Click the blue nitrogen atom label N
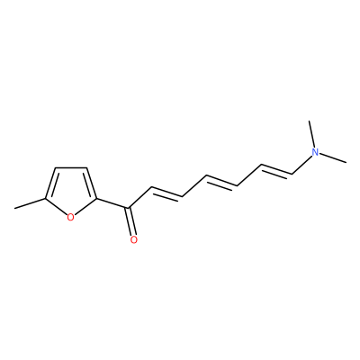coord(315,152)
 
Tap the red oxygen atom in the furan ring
coord(70,217)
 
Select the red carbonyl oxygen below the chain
coord(134,239)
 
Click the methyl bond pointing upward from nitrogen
coord(311,134)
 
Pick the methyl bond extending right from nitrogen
coord(333,158)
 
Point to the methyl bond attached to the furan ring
coord(31,203)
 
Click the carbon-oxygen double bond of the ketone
coord(130,221)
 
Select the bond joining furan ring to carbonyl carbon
coord(112,203)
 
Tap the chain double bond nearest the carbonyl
coord(167,193)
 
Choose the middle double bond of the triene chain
coord(221,181)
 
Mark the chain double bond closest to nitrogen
coord(276,169)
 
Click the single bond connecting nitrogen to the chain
coord(301,165)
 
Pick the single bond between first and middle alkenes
coord(194,186)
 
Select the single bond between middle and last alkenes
coord(248,175)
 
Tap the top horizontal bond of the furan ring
coord(71,167)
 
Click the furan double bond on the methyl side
coord(51,183)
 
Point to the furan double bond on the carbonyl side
coord(91,183)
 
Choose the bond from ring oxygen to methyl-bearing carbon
coord(56,206)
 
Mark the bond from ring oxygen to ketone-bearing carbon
coord(85,206)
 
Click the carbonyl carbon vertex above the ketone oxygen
coord(129,208)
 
